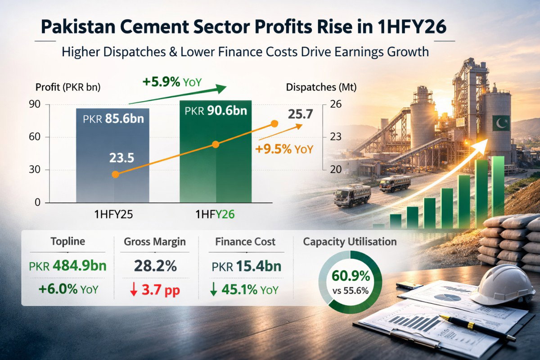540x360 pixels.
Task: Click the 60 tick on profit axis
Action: click(x=35, y=137)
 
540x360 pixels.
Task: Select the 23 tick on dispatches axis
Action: click(x=336, y=137)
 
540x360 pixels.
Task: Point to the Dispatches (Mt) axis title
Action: click(x=321, y=88)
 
